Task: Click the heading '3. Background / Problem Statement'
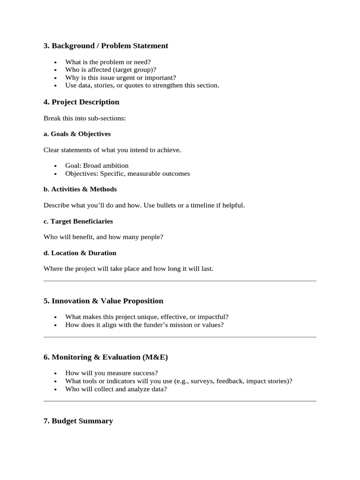(105, 46)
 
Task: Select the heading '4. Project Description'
(81, 102)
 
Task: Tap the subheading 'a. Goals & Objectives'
(77, 134)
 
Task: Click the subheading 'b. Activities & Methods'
(80, 189)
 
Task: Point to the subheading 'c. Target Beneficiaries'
(78, 221)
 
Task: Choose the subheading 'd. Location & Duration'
(80, 253)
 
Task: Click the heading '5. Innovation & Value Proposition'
(103, 301)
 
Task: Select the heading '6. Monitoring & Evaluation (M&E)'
(105, 357)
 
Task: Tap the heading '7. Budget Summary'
(78, 421)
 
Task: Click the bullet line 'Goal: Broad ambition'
(97, 165)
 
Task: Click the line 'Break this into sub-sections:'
(84, 118)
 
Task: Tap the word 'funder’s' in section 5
(152, 324)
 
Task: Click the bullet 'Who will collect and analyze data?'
(116, 389)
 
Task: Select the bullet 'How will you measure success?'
(112, 373)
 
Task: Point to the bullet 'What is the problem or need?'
(108, 62)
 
